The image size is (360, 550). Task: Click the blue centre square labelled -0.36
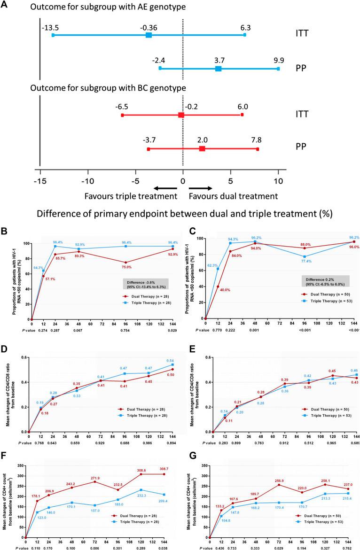point(149,35)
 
